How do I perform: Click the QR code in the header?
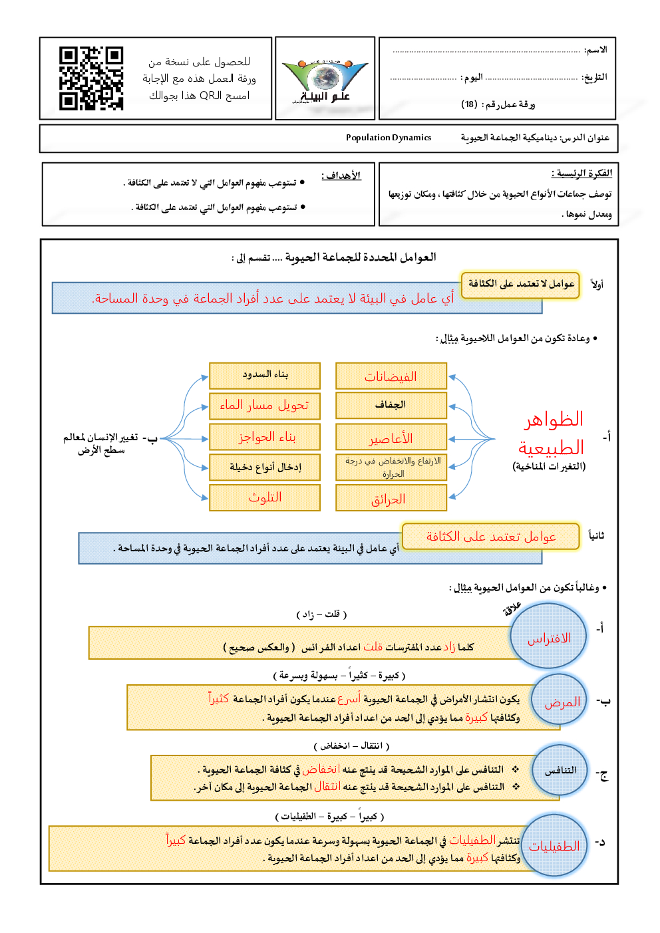[x=91, y=78]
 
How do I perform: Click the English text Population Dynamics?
[x=389, y=138]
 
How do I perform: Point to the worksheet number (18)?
[x=469, y=104]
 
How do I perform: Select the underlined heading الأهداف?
[x=341, y=176]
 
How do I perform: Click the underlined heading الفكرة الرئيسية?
[x=581, y=174]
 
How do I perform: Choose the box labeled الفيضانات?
[x=391, y=376]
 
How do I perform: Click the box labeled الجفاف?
[x=391, y=405]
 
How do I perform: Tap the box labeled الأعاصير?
[x=391, y=438]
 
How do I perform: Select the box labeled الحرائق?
[x=391, y=498]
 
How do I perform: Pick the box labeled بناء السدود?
[x=265, y=375]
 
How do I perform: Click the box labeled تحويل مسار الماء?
[x=265, y=405]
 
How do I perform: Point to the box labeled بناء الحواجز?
[x=265, y=437]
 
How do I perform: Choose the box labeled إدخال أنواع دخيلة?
[x=265, y=467]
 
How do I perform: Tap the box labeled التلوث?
[x=265, y=497]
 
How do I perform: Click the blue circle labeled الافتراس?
[x=550, y=637]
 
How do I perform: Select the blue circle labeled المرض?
[x=562, y=702]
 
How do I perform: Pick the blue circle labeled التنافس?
[x=560, y=770]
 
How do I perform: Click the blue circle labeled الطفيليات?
[x=554, y=845]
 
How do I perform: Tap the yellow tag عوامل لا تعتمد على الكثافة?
[x=520, y=284]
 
